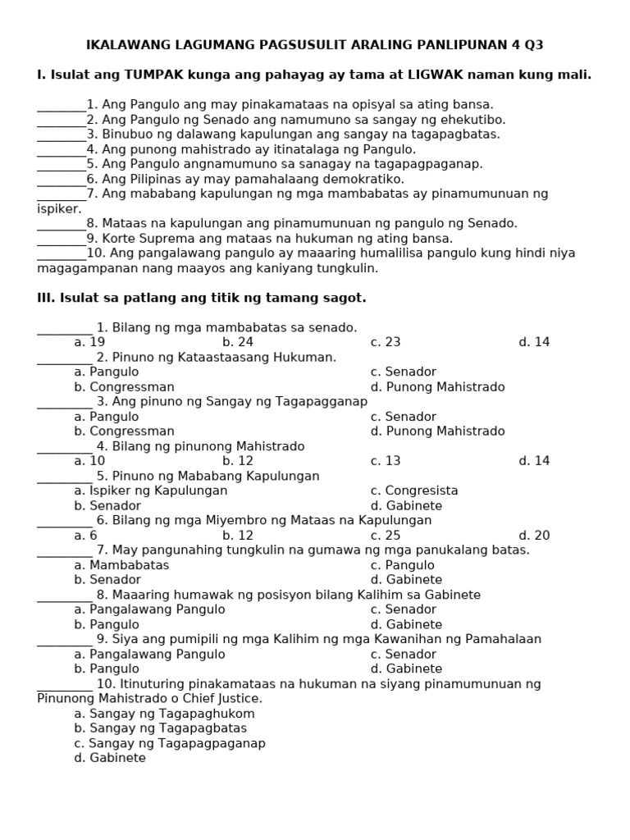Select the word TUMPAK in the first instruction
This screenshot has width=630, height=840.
click(155, 75)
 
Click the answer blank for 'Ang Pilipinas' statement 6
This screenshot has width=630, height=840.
click(62, 179)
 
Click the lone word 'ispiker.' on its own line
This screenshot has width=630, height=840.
click(60, 208)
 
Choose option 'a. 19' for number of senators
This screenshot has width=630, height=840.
click(89, 342)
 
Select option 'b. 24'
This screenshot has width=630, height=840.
click(238, 342)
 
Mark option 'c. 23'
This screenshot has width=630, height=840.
click(386, 342)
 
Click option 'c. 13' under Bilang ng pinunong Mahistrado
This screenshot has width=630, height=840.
click(386, 461)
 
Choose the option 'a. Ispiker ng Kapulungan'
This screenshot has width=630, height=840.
click(151, 491)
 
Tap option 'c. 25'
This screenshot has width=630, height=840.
click(386, 536)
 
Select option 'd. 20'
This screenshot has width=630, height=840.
click(534, 536)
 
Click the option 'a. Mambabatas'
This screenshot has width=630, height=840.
click(121, 565)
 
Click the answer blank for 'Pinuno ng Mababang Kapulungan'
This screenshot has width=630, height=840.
click(65, 476)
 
